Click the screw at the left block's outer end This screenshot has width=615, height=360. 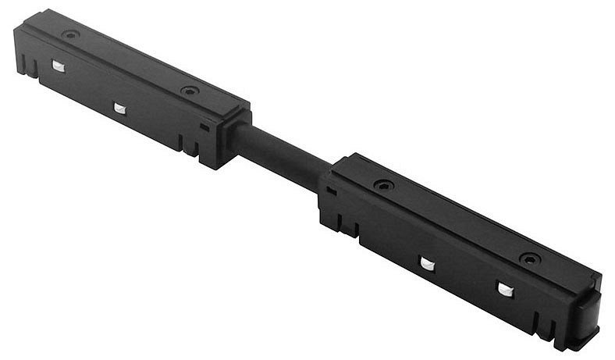[70, 35]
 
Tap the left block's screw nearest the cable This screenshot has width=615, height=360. [189, 91]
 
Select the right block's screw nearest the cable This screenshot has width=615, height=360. [382, 185]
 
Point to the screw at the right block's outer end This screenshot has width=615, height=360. [529, 258]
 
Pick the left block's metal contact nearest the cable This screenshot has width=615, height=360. [119, 108]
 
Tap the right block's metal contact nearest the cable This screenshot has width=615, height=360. [426, 264]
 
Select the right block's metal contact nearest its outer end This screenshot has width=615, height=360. [505, 290]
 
